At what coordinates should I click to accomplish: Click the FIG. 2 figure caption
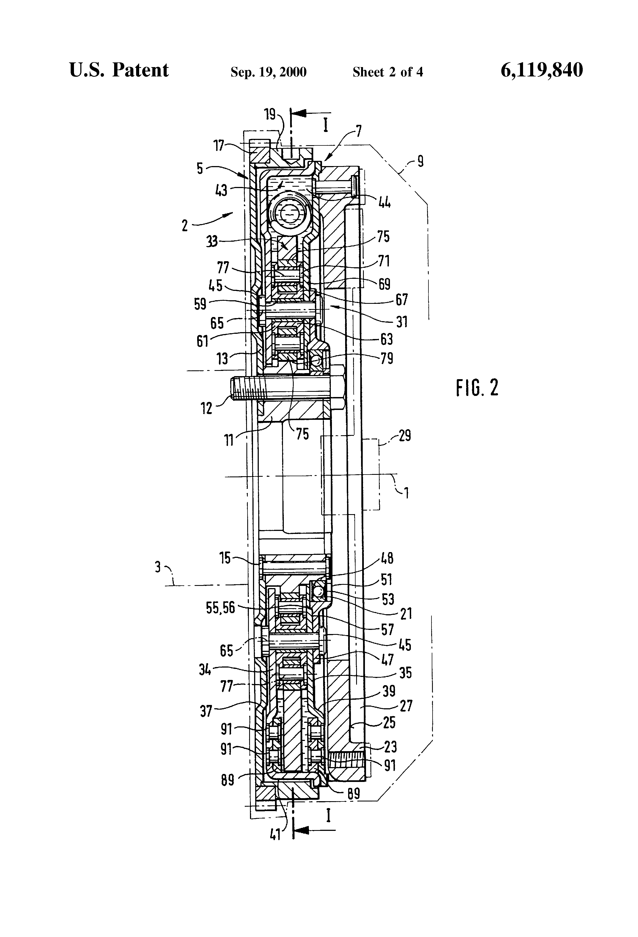[x=477, y=388]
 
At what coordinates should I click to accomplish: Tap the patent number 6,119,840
[x=542, y=70]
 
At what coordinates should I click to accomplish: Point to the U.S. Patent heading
[x=119, y=70]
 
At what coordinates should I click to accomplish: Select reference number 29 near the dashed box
[x=405, y=436]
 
